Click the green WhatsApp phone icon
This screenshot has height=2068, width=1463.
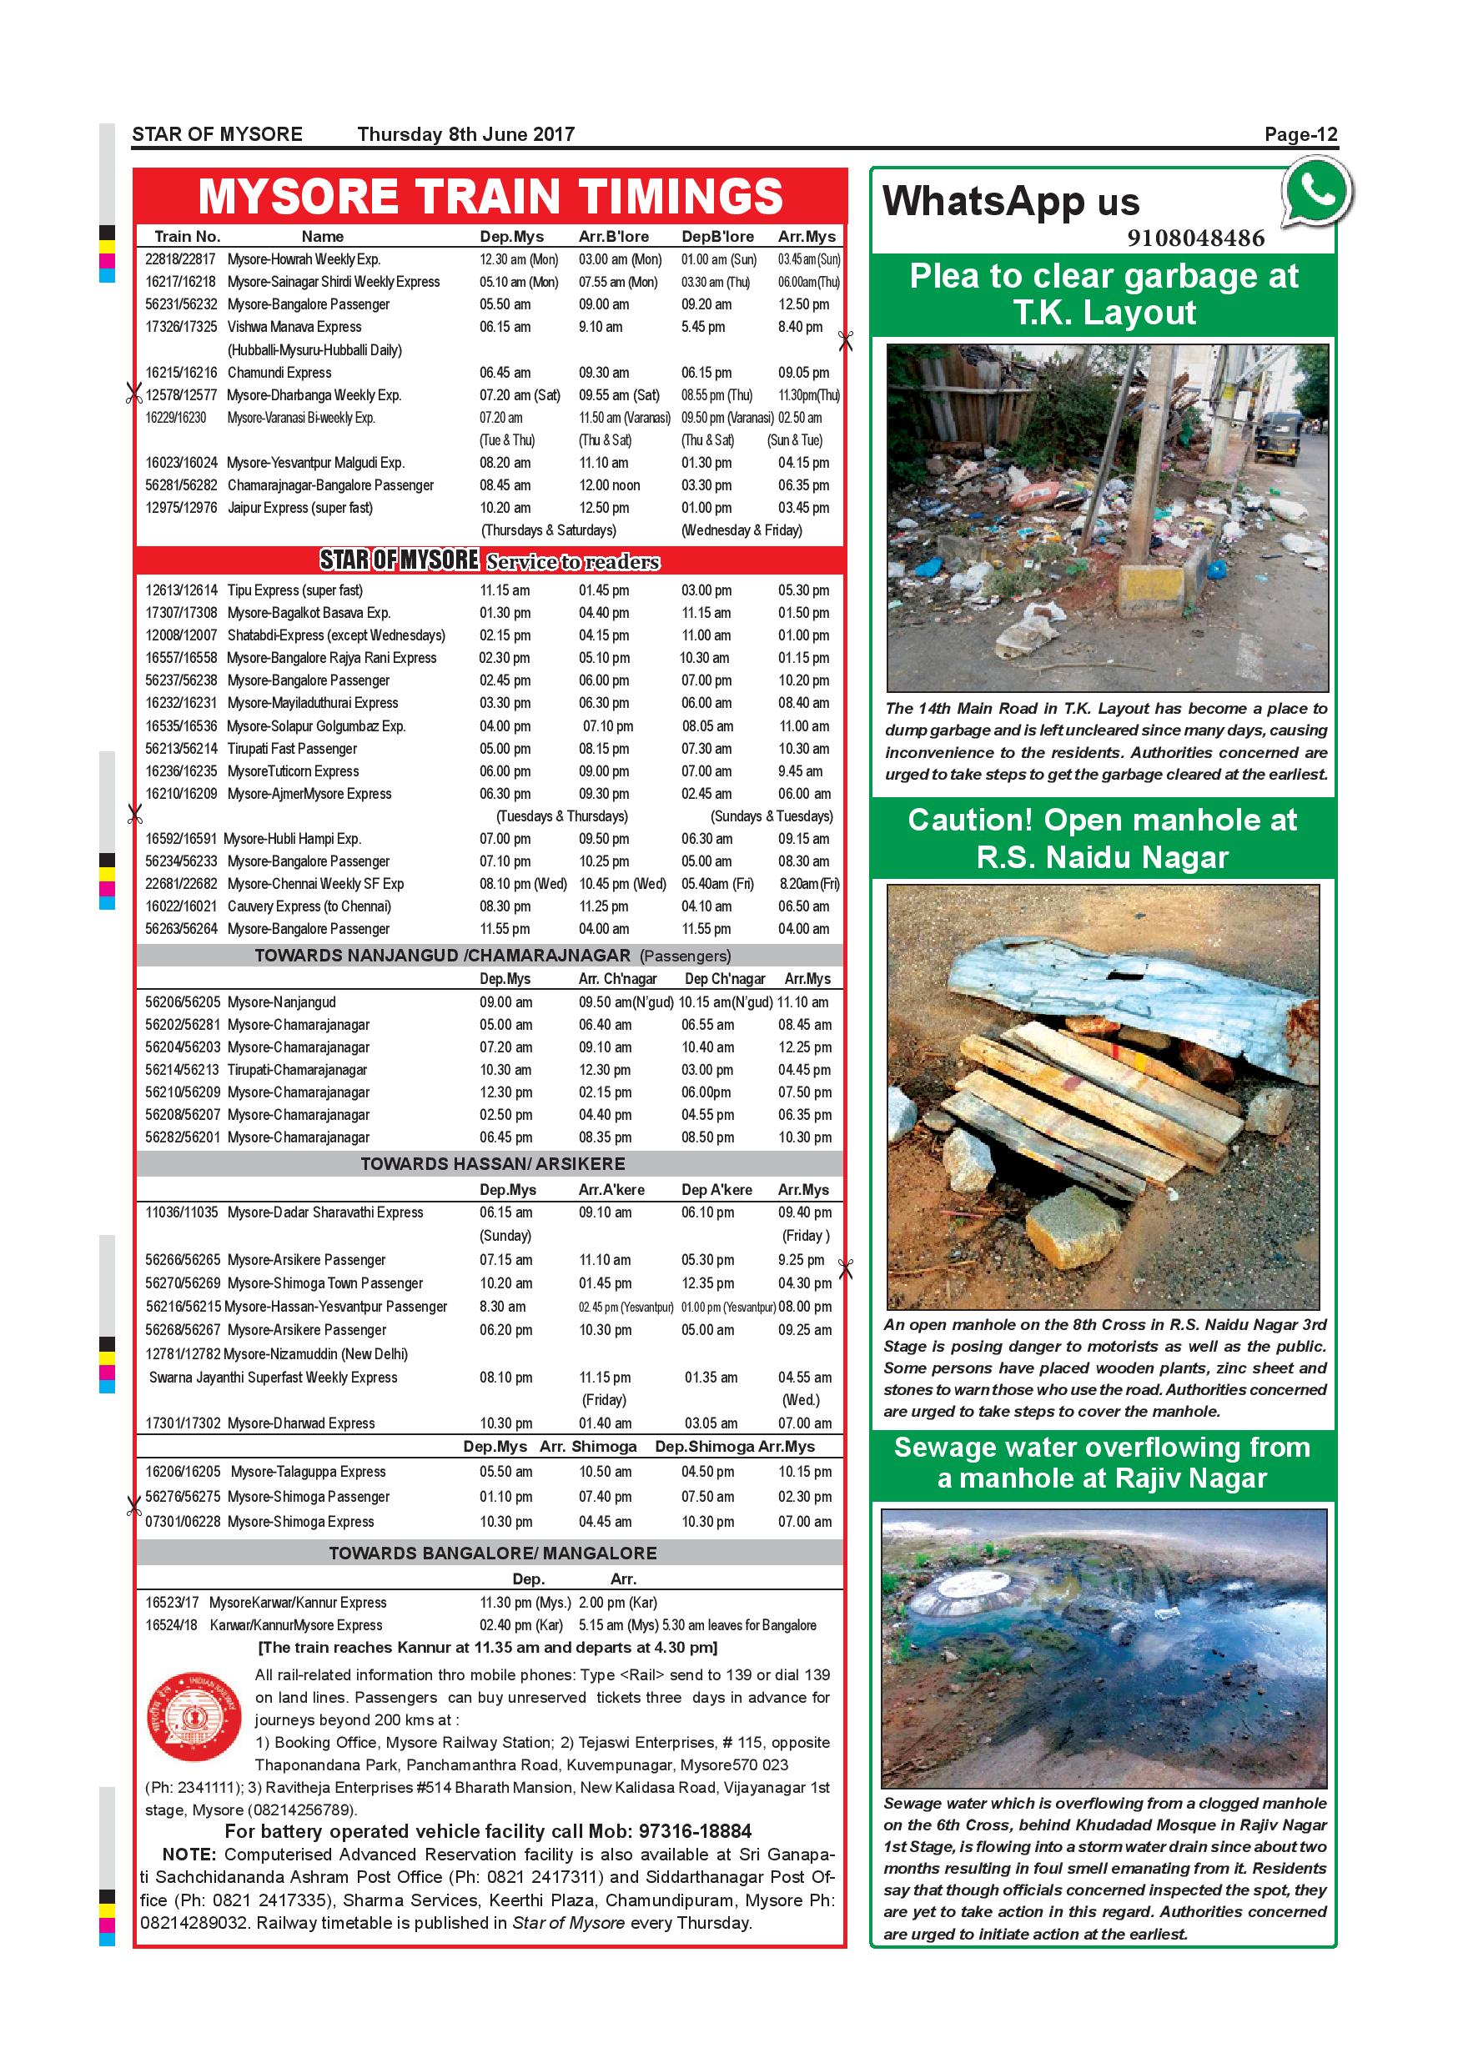pyautogui.click(x=1318, y=191)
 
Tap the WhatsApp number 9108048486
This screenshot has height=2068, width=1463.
pyautogui.click(x=1194, y=238)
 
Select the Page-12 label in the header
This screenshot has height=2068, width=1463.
pyautogui.click(x=1301, y=135)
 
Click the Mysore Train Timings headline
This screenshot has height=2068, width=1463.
pyautogui.click(x=490, y=196)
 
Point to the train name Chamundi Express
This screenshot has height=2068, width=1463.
pyautogui.click(x=279, y=372)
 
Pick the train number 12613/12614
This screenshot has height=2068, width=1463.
pyautogui.click(x=181, y=590)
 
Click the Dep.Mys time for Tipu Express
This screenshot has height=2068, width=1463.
pyautogui.click(x=505, y=590)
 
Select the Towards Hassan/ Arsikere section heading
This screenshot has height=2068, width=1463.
pyautogui.click(x=492, y=1164)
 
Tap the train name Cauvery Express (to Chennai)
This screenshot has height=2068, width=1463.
pyautogui.click(x=309, y=906)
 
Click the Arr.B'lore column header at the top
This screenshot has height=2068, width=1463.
pyautogui.click(x=614, y=236)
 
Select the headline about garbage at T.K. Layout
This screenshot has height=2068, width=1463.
pyautogui.click(x=1104, y=294)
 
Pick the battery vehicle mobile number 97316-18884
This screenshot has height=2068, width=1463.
pyautogui.click(x=695, y=1831)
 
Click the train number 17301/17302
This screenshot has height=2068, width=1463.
pyautogui.click(x=181, y=1423)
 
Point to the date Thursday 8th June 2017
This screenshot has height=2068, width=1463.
pyautogui.click(x=465, y=135)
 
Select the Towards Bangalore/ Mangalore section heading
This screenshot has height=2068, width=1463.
pyautogui.click(x=492, y=1553)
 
